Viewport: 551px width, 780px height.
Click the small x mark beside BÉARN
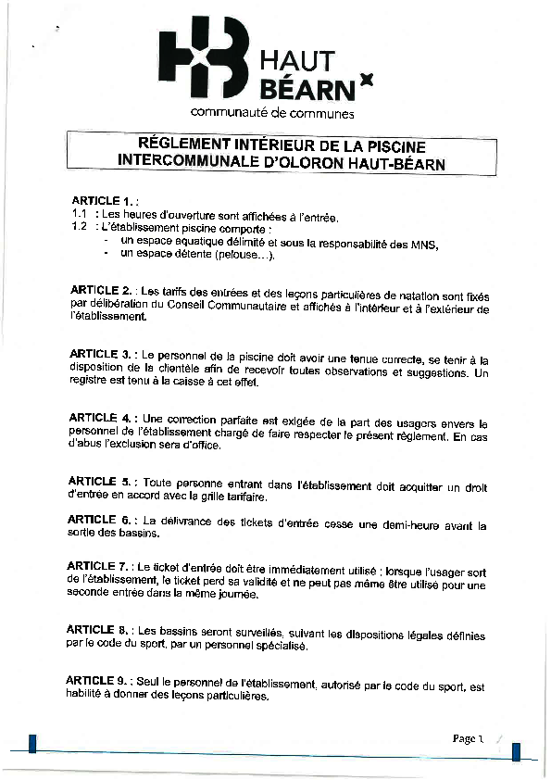click(x=366, y=81)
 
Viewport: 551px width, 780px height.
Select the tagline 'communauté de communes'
click(x=272, y=113)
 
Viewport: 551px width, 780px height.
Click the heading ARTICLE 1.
click(x=103, y=200)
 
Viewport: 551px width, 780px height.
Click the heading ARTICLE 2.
click(x=102, y=290)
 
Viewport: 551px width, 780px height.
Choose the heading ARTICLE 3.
click(x=102, y=354)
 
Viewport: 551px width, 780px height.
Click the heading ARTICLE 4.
click(x=102, y=418)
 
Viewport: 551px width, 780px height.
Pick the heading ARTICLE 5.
click(x=102, y=482)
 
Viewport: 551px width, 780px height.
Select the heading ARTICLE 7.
click(x=99, y=565)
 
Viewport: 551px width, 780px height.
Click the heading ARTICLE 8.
click(x=98, y=629)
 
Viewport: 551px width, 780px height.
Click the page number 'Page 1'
click(x=469, y=738)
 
